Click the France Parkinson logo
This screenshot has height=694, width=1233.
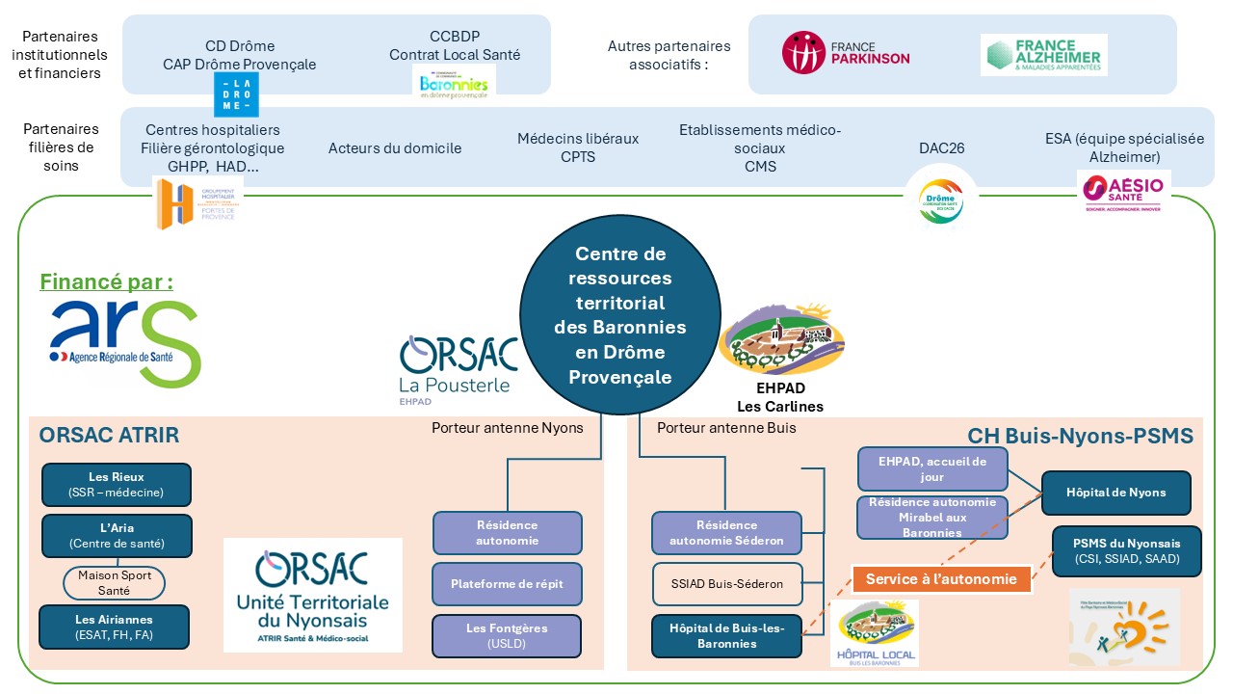[845, 53]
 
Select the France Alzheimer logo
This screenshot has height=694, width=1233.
[1043, 55]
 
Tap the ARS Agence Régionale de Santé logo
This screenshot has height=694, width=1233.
[125, 342]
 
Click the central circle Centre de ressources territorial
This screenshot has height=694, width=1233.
[619, 315]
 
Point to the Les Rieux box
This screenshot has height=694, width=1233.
[116, 485]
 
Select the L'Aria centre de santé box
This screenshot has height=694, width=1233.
[117, 536]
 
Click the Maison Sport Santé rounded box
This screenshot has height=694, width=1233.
[114, 583]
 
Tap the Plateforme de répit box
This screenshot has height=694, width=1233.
[507, 584]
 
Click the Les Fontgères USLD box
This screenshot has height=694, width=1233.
[507, 635]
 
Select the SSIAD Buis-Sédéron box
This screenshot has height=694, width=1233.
[726, 584]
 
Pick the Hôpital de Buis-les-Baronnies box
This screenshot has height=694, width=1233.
[726, 635]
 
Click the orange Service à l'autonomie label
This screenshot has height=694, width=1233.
[941, 579]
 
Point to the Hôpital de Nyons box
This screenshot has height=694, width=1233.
[1115, 493]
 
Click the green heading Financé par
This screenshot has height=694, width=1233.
[106, 282]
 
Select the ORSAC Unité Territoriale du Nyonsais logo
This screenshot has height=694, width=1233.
[313, 595]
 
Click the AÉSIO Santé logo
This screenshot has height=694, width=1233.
[1122, 191]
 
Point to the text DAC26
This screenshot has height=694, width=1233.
[941, 148]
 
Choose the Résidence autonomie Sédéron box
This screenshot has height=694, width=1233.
[726, 533]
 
